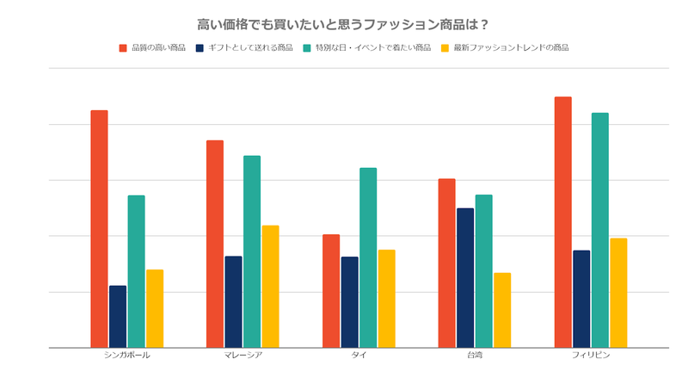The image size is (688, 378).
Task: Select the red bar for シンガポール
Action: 99,229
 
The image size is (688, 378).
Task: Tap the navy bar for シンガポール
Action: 118,316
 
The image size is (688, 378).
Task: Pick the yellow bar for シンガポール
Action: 155,308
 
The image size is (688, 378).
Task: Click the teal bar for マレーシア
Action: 252,251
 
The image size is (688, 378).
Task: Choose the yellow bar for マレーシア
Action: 270,286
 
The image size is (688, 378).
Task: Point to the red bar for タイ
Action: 331,291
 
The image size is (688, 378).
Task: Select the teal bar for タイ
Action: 368,257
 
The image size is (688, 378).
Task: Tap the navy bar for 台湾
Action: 465,277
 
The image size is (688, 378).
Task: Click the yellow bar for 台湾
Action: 502,310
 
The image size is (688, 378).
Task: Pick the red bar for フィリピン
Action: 562,222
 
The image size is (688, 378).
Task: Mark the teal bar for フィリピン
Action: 599,230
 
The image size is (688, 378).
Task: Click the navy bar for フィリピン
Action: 581,299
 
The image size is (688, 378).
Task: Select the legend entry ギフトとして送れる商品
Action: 250,47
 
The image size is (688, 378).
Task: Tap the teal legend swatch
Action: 307,47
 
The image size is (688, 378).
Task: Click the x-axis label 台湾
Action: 475,355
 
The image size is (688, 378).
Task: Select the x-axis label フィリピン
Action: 591,355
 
